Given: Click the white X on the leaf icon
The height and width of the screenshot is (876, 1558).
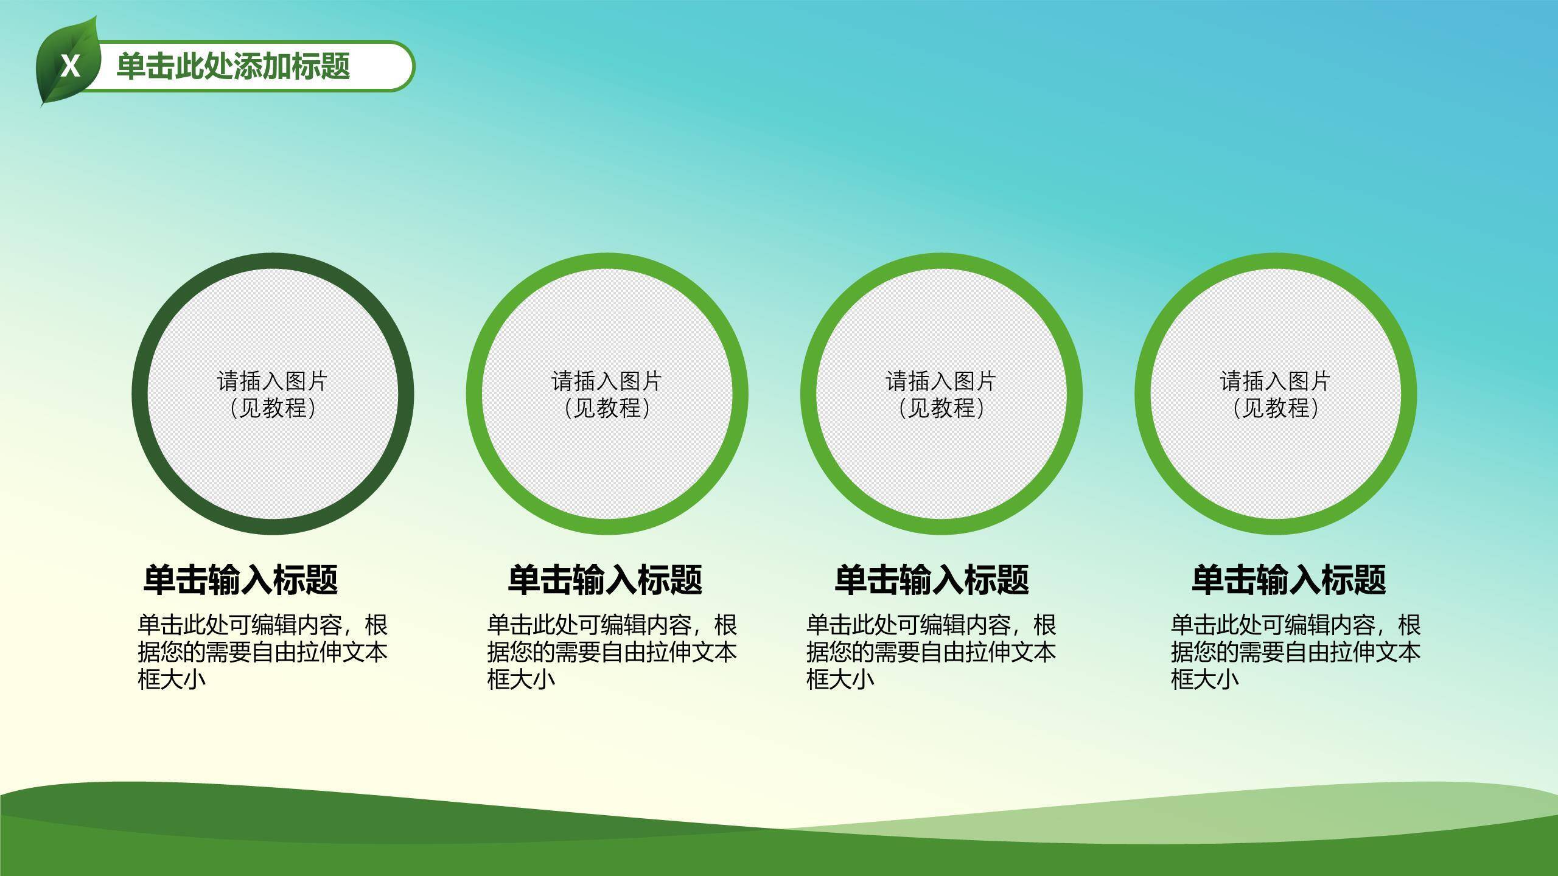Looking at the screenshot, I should (71, 66).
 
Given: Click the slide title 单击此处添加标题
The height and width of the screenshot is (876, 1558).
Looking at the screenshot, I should (233, 66).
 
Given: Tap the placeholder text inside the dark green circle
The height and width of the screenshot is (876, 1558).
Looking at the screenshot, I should (273, 394).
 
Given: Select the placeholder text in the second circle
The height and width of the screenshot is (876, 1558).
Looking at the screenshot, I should (607, 394).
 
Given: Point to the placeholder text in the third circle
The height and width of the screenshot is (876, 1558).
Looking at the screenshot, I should (941, 394).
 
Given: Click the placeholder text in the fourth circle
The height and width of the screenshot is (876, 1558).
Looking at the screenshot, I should (1275, 394).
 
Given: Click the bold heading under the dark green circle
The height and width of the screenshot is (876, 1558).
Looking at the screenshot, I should (240, 579).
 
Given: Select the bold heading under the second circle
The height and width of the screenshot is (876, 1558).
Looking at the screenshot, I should (605, 579).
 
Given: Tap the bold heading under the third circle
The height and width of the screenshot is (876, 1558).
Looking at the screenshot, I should (931, 579).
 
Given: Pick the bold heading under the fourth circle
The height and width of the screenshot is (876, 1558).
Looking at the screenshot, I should (1288, 579).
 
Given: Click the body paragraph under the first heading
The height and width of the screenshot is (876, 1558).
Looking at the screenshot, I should (262, 652).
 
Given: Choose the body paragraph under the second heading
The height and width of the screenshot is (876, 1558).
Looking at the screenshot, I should (612, 652).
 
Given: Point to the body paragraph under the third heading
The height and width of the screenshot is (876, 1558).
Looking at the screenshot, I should (931, 652).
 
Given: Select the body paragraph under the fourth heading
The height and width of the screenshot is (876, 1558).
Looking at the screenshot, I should (1296, 652).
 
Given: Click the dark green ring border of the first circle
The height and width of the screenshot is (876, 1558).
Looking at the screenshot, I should (140, 394).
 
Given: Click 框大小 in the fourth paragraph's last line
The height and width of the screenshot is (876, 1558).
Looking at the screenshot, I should (1205, 679).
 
